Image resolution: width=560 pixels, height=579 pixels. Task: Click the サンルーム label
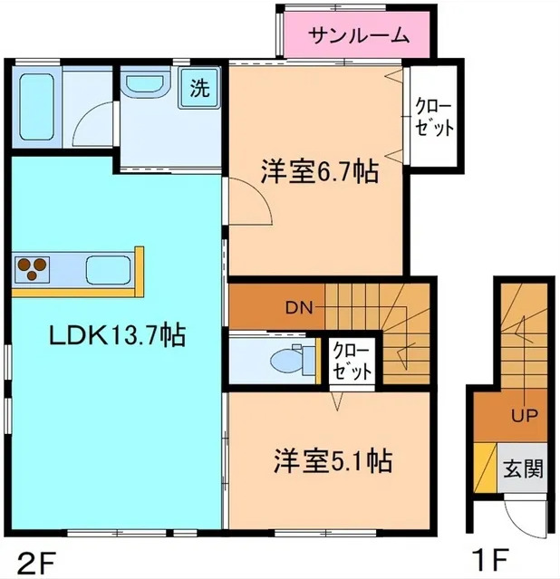pos(359,36)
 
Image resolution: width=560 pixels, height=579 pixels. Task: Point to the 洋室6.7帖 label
pos(320,172)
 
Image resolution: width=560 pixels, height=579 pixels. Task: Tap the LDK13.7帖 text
pos(117,336)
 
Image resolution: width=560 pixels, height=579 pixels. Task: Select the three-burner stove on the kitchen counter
pos(33,268)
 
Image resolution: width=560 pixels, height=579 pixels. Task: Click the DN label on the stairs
pos(299,307)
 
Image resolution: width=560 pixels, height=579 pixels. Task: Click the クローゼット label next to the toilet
pos(351,361)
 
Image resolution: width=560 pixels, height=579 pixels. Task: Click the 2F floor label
pos(34,555)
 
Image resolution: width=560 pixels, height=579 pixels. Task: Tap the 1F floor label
pos(488,555)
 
